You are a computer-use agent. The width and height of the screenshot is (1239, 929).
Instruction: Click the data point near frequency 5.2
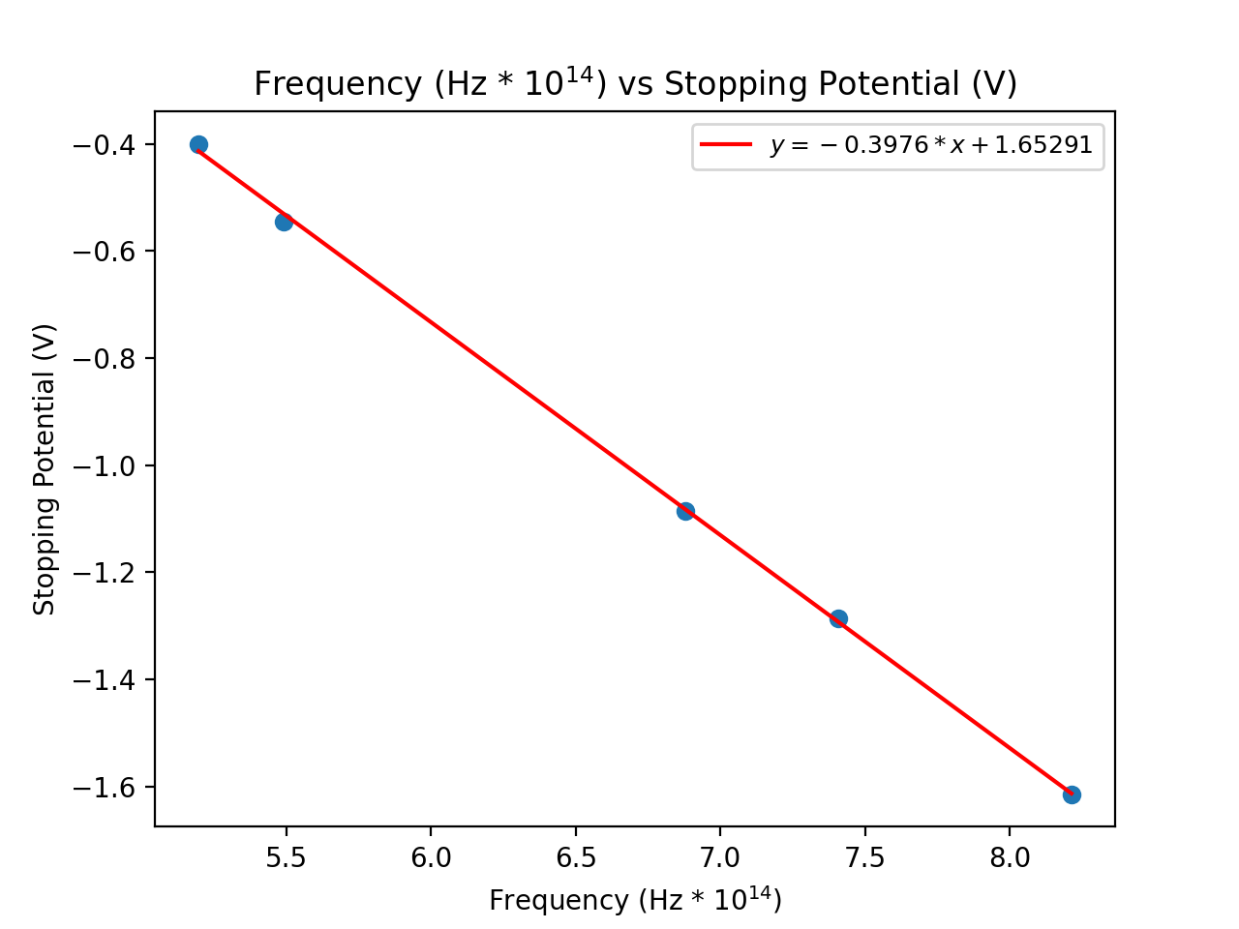tap(198, 145)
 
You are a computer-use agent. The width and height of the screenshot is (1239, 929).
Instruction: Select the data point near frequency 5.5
tap(284, 222)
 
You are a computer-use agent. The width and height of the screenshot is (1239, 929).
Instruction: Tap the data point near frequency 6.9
tap(685, 511)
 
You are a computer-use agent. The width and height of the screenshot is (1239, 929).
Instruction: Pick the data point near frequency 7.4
tap(838, 618)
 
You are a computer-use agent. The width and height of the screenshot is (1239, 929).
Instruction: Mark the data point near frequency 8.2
tap(1072, 794)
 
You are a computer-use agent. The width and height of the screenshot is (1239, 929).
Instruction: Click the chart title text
tap(635, 84)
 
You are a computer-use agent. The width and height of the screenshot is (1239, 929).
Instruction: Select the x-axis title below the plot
tap(635, 900)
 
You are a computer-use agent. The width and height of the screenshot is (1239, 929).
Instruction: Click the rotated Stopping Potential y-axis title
tap(45, 469)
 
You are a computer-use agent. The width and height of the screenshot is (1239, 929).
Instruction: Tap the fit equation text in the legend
tap(930, 145)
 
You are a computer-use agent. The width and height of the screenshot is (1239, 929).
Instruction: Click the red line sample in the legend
tap(726, 145)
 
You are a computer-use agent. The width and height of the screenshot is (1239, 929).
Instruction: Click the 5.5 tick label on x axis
tap(286, 858)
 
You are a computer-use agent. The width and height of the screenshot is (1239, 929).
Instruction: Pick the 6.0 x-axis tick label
tap(431, 858)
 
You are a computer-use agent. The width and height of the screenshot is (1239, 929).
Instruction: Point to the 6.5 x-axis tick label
tap(575, 858)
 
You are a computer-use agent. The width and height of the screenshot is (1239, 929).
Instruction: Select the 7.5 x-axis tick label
tap(864, 858)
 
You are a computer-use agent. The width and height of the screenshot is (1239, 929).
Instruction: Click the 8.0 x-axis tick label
tap(1010, 858)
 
